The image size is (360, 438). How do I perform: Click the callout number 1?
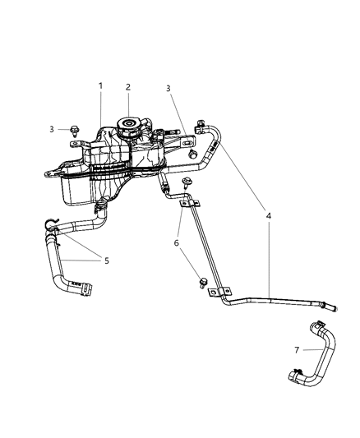[x=101, y=85]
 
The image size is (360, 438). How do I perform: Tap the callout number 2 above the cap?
[x=127, y=87]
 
